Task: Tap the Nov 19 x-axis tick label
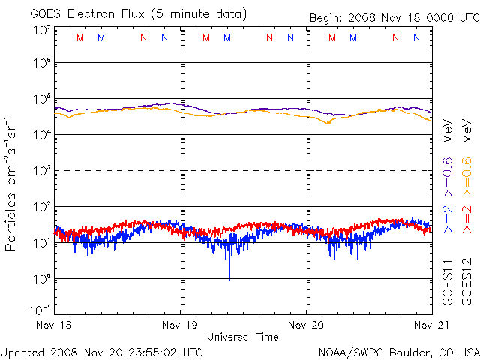(181, 325)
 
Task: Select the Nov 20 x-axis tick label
(306, 325)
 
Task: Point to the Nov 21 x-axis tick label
(424, 325)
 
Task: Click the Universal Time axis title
(242, 337)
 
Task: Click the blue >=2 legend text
(448, 217)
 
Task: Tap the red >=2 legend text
(466, 217)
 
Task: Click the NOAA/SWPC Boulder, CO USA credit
(398, 352)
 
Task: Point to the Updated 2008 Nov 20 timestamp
(102, 352)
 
